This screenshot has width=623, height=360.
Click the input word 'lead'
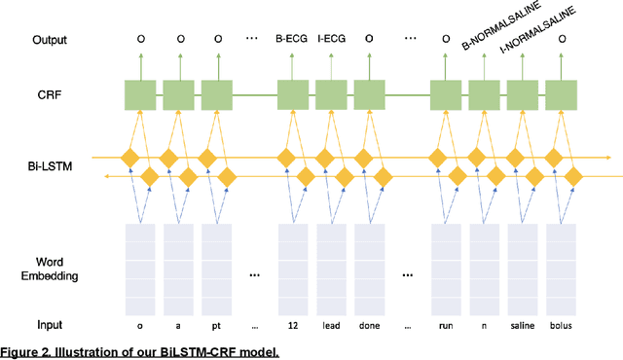[332, 324]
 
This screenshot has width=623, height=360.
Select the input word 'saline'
[524, 324]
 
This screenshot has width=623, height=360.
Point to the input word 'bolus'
[563, 324]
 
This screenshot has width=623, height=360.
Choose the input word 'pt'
[217, 324]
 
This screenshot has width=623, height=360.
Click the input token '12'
[293, 324]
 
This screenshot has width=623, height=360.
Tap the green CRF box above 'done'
[370, 95]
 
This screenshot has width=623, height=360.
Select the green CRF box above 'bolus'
[562, 95]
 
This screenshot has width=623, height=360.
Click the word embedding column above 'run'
[447, 266]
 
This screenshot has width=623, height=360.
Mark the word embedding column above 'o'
[141, 266]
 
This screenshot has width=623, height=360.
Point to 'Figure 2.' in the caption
[26, 351]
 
